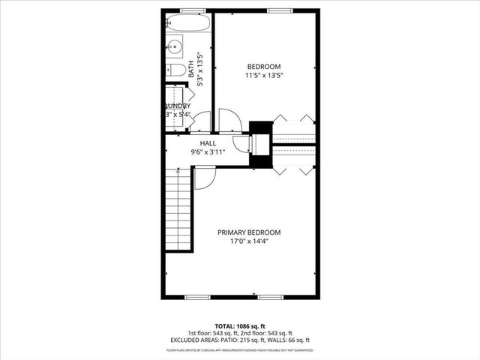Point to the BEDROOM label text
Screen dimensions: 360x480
point(263,65)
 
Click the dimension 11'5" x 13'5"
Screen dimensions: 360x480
point(263,75)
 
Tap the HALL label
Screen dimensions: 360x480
point(208,142)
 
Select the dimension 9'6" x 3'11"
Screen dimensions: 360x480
point(208,152)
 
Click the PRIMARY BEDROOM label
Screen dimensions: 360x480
point(250,232)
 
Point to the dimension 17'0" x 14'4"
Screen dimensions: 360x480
point(250,242)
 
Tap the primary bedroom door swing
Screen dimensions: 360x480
point(202,177)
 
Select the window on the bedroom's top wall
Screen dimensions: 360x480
point(277,10)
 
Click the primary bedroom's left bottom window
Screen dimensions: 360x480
point(196,297)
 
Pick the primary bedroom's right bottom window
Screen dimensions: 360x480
point(271,297)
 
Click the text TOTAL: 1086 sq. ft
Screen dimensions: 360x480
point(240,326)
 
